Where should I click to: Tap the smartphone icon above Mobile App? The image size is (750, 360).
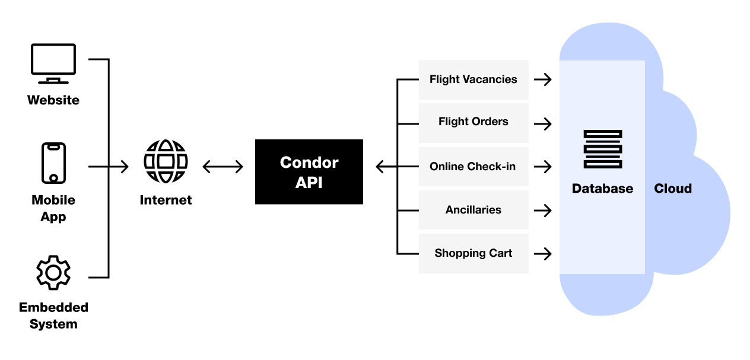click(53, 163)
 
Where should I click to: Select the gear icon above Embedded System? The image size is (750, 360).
click(53, 273)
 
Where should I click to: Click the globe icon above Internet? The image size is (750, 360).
click(166, 161)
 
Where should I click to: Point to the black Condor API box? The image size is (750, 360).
click(309, 172)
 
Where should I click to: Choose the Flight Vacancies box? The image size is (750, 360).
click(473, 79)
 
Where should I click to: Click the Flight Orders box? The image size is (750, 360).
click(473, 122)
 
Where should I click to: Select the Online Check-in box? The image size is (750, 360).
click(473, 167)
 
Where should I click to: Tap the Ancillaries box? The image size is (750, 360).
click(473, 210)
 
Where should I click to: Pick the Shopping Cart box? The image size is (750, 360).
click(473, 253)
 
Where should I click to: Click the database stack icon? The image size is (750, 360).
click(602, 149)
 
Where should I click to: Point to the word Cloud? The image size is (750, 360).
click(673, 189)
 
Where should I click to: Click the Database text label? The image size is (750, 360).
click(602, 189)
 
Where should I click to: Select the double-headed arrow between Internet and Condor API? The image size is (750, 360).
click(223, 167)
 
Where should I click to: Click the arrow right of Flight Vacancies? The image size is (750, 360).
click(542, 79)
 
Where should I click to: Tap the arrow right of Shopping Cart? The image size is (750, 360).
click(542, 254)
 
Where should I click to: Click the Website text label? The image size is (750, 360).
click(53, 100)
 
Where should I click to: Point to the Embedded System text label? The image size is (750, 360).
click(53, 316)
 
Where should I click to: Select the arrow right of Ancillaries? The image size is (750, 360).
click(542, 210)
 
